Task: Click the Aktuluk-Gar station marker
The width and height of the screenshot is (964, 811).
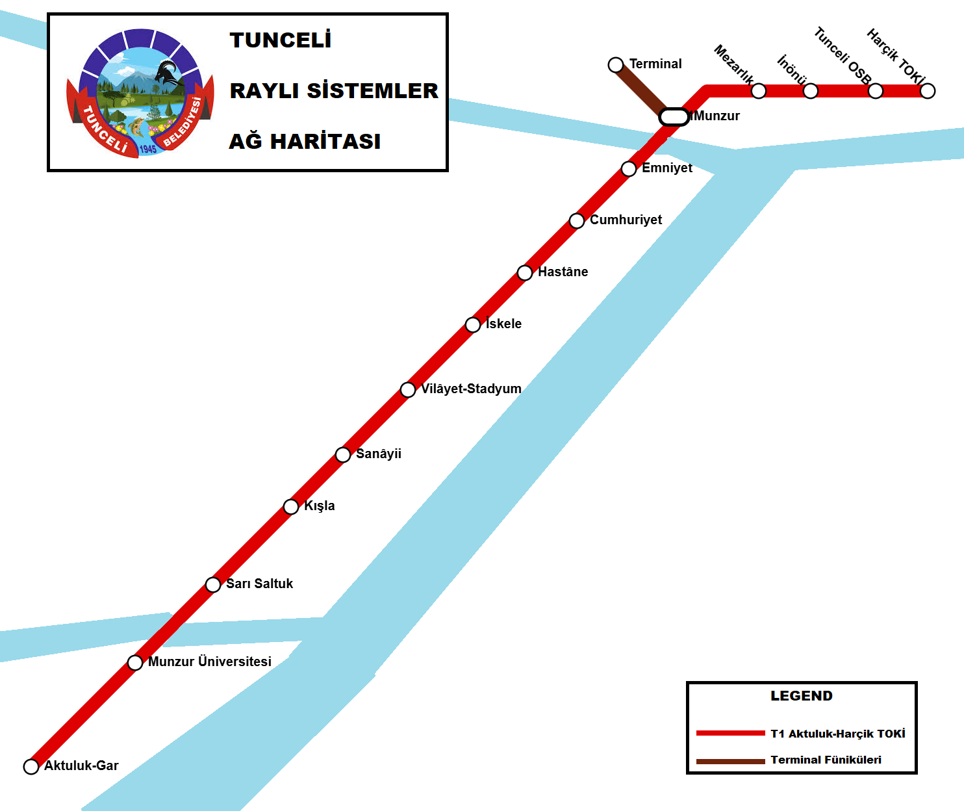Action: click(31, 766)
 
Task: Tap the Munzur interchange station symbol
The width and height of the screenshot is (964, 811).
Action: click(674, 117)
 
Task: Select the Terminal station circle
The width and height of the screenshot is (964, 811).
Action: click(616, 65)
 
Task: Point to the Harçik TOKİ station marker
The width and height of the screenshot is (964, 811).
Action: click(928, 91)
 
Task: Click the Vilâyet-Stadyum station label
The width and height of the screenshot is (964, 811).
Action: click(471, 389)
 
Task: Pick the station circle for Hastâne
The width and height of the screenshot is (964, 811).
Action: click(525, 273)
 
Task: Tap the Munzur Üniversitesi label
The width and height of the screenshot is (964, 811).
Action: click(209, 662)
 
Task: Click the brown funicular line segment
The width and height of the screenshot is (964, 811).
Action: click(640, 89)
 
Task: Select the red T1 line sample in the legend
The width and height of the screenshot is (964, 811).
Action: click(730, 733)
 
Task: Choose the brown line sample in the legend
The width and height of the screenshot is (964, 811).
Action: click(730, 761)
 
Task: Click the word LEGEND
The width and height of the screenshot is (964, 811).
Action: click(801, 696)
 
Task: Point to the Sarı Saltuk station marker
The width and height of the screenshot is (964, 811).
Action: click(213, 585)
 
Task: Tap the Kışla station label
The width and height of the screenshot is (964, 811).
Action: click(320, 506)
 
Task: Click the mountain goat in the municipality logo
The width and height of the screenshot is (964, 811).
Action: click(169, 75)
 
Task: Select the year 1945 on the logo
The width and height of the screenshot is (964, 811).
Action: click(148, 149)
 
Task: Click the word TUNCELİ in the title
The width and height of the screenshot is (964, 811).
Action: click(281, 40)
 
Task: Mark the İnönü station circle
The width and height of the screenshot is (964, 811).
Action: click(811, 91)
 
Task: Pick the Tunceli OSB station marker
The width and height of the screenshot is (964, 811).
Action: click(876, 91)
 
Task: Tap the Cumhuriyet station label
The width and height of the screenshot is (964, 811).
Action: click(626, 220)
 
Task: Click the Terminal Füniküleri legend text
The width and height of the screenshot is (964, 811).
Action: click(826, 760)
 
